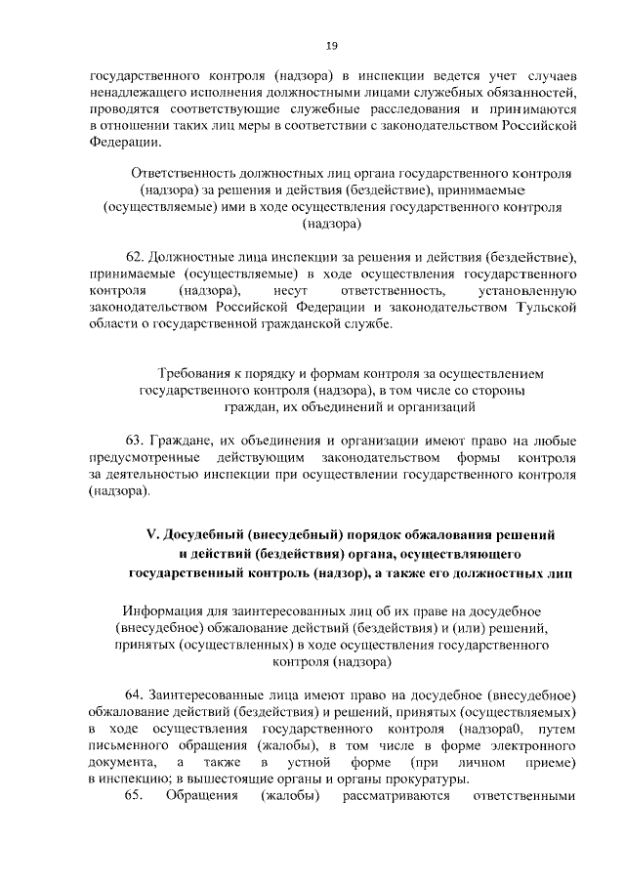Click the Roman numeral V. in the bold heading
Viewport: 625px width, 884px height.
click(x=151, y=534)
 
